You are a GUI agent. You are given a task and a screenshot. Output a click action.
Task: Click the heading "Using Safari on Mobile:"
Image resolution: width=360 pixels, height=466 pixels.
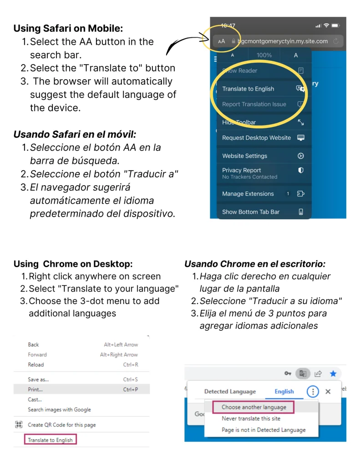[x=68, y=28]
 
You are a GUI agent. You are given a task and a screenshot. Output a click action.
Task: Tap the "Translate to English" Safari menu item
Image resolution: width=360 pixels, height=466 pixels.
[x=248, y=89]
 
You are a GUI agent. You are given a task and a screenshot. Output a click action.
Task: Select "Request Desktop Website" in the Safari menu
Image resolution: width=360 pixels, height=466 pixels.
[x=256, y=138]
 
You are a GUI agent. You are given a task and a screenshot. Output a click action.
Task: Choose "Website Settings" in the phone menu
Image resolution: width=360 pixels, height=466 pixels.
[x=245, y=156]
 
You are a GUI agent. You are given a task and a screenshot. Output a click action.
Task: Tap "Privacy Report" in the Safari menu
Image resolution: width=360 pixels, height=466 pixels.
[x=242, y=170]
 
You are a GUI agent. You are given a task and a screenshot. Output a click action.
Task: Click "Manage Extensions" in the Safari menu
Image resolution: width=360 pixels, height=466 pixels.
[x=248, y=194]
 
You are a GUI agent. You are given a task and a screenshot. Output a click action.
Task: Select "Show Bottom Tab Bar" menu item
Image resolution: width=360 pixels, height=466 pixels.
[x=251, y=212]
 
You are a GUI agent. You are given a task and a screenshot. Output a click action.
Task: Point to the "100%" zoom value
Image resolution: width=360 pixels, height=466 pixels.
[x=264, y=55]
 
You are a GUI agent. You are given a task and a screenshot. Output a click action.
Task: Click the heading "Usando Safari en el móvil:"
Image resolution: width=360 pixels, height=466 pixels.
[x=75, y=134]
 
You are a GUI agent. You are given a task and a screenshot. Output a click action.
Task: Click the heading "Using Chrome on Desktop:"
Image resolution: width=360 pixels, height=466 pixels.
[x=73, y=264]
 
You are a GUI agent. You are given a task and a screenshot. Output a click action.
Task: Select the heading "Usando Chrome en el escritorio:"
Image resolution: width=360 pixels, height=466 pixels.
[x=255, y=264]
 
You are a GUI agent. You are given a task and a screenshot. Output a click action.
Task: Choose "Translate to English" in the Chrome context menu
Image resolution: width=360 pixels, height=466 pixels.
[x=50, y=440]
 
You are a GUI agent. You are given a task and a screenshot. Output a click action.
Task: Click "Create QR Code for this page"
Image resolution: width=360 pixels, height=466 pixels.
[x=62, y=425]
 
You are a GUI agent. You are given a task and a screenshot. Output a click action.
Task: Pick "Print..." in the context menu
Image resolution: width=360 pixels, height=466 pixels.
[x=35, y=390]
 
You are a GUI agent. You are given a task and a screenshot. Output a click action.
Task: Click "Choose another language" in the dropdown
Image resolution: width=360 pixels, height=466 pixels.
[x=254, y=407]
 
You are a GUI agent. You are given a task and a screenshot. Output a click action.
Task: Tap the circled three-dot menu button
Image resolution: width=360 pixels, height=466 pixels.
[x=312, y=391]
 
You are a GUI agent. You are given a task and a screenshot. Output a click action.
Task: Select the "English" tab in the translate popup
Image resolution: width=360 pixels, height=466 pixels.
[x=284, y=391]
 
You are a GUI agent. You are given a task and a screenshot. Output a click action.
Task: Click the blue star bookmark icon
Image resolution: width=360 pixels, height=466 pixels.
[x=333, y=374]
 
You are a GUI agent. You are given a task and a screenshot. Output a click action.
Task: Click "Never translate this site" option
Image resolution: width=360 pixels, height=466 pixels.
[x=251, y=419]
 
